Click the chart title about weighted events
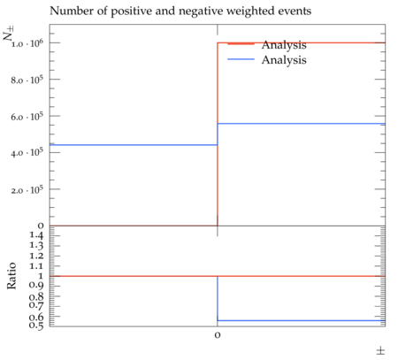180,11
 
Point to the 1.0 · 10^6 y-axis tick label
27,43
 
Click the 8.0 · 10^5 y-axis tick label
27,80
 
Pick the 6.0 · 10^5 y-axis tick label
27,117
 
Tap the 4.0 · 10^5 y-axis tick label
27,153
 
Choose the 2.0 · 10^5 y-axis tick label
27,189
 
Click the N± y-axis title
8,34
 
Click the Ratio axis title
11,276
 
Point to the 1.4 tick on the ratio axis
36,235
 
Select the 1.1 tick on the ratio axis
36,266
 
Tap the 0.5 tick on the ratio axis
36,326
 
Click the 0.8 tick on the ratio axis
36,296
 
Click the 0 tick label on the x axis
218,335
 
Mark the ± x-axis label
380,351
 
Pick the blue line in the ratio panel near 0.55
302,320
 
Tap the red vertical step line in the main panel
218,134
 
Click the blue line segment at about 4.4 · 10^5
134,145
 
